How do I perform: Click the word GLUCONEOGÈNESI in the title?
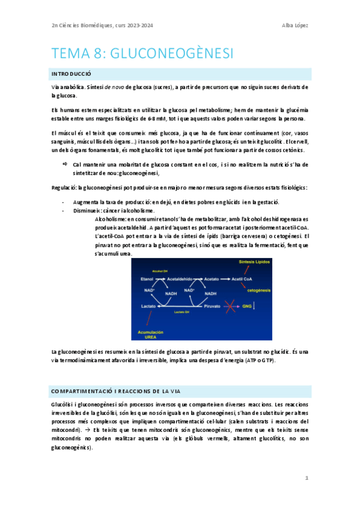[170, 54]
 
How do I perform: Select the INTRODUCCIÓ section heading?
[71, 74]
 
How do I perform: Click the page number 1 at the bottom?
[307, 478]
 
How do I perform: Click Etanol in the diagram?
[147, 280]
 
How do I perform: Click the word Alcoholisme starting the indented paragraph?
[110, 219]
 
